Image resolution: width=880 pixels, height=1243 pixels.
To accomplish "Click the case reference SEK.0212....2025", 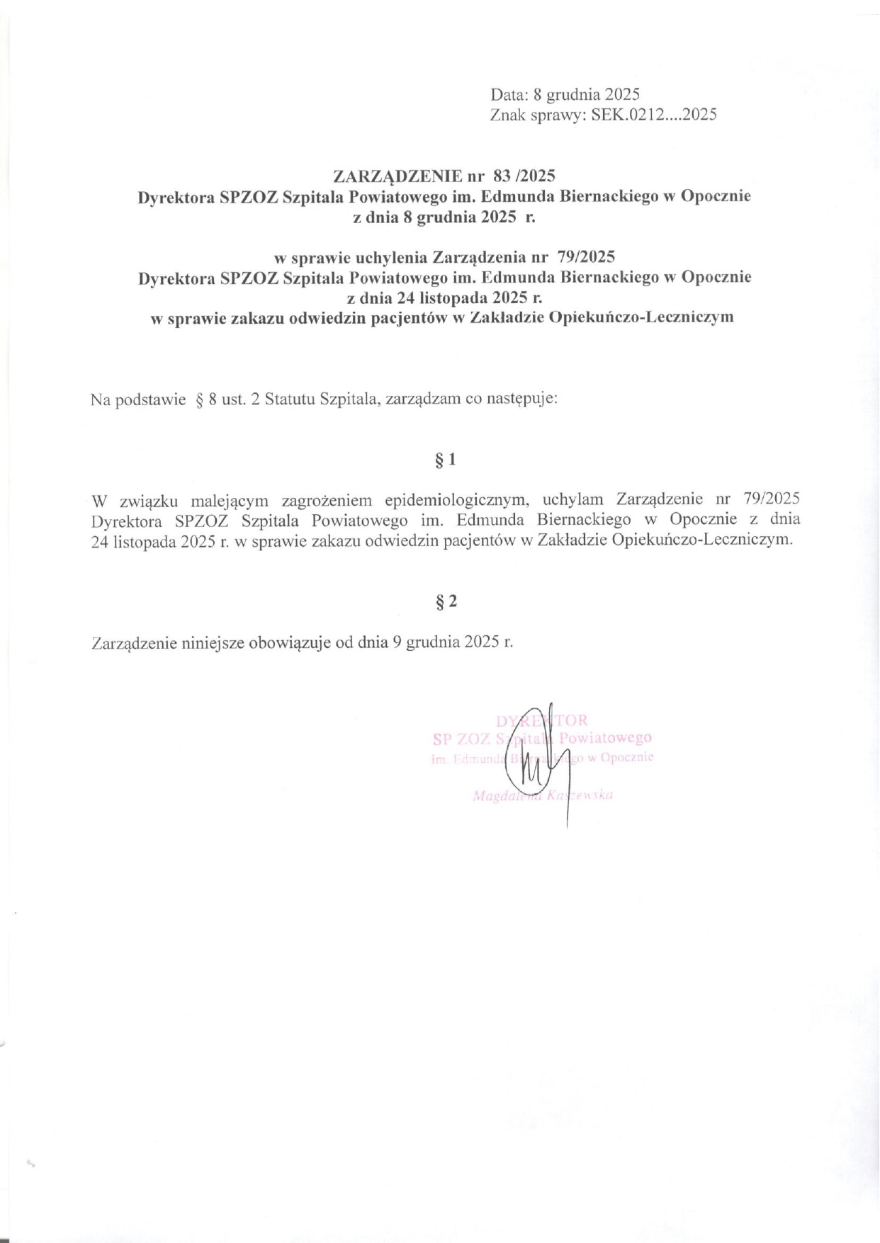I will coord(649,115).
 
